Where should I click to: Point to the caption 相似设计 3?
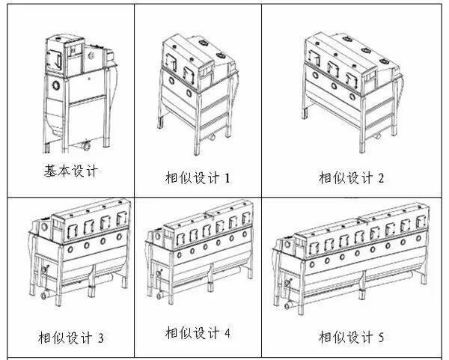[x=71, y=338]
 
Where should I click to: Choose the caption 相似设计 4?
[x=198, y=332]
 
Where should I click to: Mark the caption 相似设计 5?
[x=351, y=338]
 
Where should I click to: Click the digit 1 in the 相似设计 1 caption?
[x=227, y=178]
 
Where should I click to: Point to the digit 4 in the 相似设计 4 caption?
[x=227, y=332]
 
